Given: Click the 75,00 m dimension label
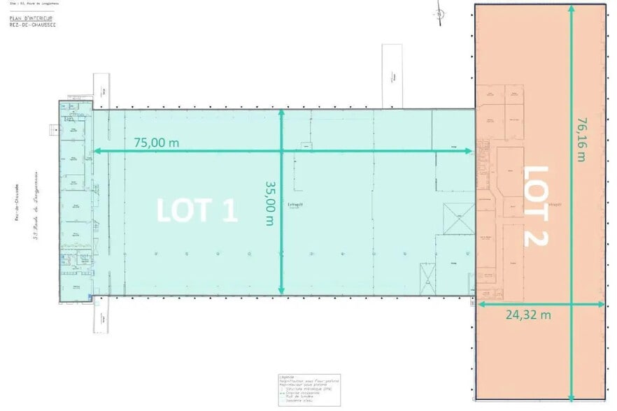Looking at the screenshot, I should [156, 142].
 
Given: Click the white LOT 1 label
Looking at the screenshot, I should [197, 210].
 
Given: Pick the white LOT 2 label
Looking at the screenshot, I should [536, 205].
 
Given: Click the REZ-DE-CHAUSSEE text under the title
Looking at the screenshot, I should [24, 24].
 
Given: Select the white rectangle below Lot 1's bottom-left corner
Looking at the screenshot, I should [102, 317].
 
